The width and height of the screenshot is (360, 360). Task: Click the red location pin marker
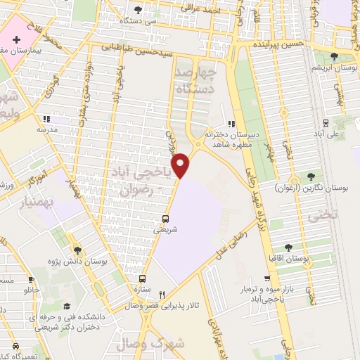point(182,165)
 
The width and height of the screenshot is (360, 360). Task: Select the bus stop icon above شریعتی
point(166,218)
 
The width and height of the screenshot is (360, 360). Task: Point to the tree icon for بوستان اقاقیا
point(288,247)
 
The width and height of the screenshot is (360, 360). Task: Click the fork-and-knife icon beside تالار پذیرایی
point(162,295)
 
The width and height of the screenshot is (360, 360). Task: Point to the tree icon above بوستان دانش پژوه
point(77,250)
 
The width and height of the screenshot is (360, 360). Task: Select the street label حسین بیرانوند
point(278,44)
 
